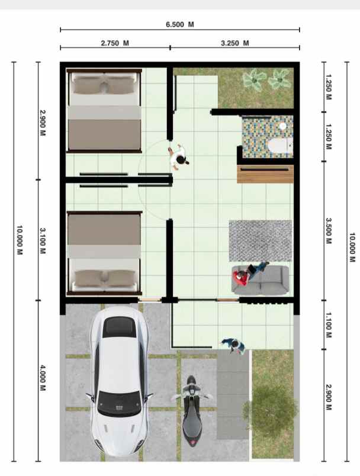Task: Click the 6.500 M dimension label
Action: click(x=179, y=25)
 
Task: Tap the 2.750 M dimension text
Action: click(x=115, y=43)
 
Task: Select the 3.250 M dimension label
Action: click(x=234, y=43)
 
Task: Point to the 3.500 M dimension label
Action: click(x=329, y=231)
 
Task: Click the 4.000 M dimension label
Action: click(x=43, y=378)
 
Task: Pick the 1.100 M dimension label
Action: click(x=329, y=325)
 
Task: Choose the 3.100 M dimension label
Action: click(x=43, y=241)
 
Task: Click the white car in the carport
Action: click(x=120, y=381)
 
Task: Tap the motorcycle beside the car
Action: click(x=191, y=410)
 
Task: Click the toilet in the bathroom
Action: click(x=280, y=146)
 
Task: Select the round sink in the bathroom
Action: click(x=283, y=126)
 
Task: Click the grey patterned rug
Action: click(x=261, y=241)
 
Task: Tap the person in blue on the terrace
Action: click(x=234, y=346)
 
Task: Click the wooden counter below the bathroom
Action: click(x=265, y=174)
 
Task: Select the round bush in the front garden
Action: click(x=271, y=407)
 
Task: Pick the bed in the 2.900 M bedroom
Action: click(x=104, y=110)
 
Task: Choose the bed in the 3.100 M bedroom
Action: click(x=104, y=253)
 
